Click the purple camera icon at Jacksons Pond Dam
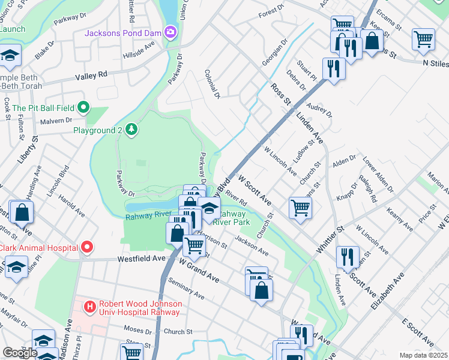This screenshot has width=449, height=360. pyautogui.click(x=170, y=31)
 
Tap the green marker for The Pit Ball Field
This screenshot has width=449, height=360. pyautogui.click(x=84, y=108)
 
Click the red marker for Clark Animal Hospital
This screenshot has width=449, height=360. pyautogui.click(x=87, y=247)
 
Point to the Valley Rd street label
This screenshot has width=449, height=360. pyautogui.click(x=91, y=74)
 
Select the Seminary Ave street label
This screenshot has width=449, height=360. pyautogui.click(x=187, y=292)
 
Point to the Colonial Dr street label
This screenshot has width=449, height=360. pyautogui.click(x=214, y=83)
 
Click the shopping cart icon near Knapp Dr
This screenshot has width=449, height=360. pyautogui.click(x=300, y=208)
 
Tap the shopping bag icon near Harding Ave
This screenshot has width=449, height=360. pyautogui.click(x=22, y=212)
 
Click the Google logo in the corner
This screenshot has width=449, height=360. pyautogui.click(x=20, y=353)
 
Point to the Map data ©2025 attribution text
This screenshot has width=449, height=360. pyautogui.click(x=423, y=355)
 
